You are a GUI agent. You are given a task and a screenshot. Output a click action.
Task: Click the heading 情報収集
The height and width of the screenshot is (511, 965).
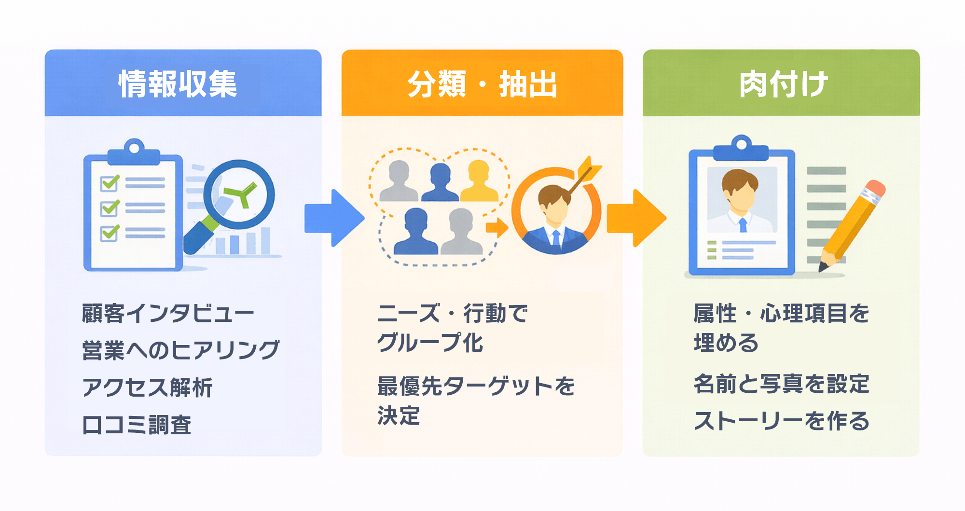(178, 84)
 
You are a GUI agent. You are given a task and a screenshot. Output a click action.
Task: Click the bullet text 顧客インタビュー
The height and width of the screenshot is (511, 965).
(168, 314)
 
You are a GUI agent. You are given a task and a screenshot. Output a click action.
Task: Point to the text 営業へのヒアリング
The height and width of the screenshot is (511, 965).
(180, 350)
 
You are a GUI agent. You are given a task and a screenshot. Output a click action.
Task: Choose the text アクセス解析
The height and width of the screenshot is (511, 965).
(147, 387)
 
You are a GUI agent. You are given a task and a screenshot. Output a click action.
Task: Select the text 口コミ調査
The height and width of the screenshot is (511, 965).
(137, 425)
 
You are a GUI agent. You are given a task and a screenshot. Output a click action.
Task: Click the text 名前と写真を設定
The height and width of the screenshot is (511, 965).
(781, 384)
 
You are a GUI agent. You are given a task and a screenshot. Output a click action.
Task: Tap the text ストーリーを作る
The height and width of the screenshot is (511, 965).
(781, 421)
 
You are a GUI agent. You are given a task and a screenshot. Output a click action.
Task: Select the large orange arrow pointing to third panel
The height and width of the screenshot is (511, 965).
(636, 218)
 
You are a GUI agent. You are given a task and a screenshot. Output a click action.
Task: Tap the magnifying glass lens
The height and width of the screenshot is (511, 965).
(239, 194)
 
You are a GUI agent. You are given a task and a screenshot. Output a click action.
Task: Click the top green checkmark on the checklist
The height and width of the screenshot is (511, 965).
(110, 183)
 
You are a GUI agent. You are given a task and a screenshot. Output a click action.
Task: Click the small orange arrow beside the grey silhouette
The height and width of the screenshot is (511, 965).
(497, 227)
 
